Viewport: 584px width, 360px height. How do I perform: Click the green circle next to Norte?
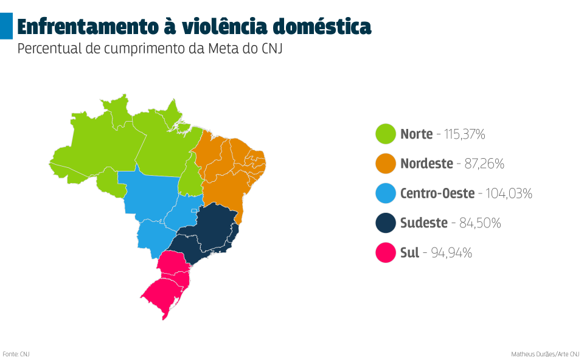386,134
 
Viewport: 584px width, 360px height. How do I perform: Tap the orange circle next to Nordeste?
386,164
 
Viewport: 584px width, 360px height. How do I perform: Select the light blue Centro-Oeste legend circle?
386,193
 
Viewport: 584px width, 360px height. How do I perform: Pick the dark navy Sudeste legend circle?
386,223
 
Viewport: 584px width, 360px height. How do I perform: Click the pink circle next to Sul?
386,252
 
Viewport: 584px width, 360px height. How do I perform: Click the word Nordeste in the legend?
426,164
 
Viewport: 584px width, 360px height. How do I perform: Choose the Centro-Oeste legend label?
437,194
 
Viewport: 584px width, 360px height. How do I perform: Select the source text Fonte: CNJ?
16,354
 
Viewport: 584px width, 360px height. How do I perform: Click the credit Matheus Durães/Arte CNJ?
545,354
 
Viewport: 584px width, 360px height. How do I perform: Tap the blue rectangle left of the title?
6,27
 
